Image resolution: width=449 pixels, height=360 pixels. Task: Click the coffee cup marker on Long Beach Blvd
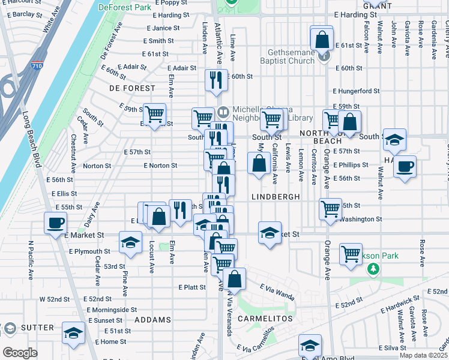pos(56,224)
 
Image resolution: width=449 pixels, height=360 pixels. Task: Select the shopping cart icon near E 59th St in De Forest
pos(155,113)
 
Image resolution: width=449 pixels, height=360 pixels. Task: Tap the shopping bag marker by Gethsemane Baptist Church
pos(322,39)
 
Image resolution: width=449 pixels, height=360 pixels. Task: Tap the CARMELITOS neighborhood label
pos(265,318)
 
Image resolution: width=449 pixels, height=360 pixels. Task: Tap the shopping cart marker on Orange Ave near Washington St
pos(330,209)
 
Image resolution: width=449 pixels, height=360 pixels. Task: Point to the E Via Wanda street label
pos(277,292)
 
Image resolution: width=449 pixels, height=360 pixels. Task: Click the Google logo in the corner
pos(19,353)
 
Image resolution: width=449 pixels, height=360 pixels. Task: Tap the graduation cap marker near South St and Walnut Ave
pos(394,140)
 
